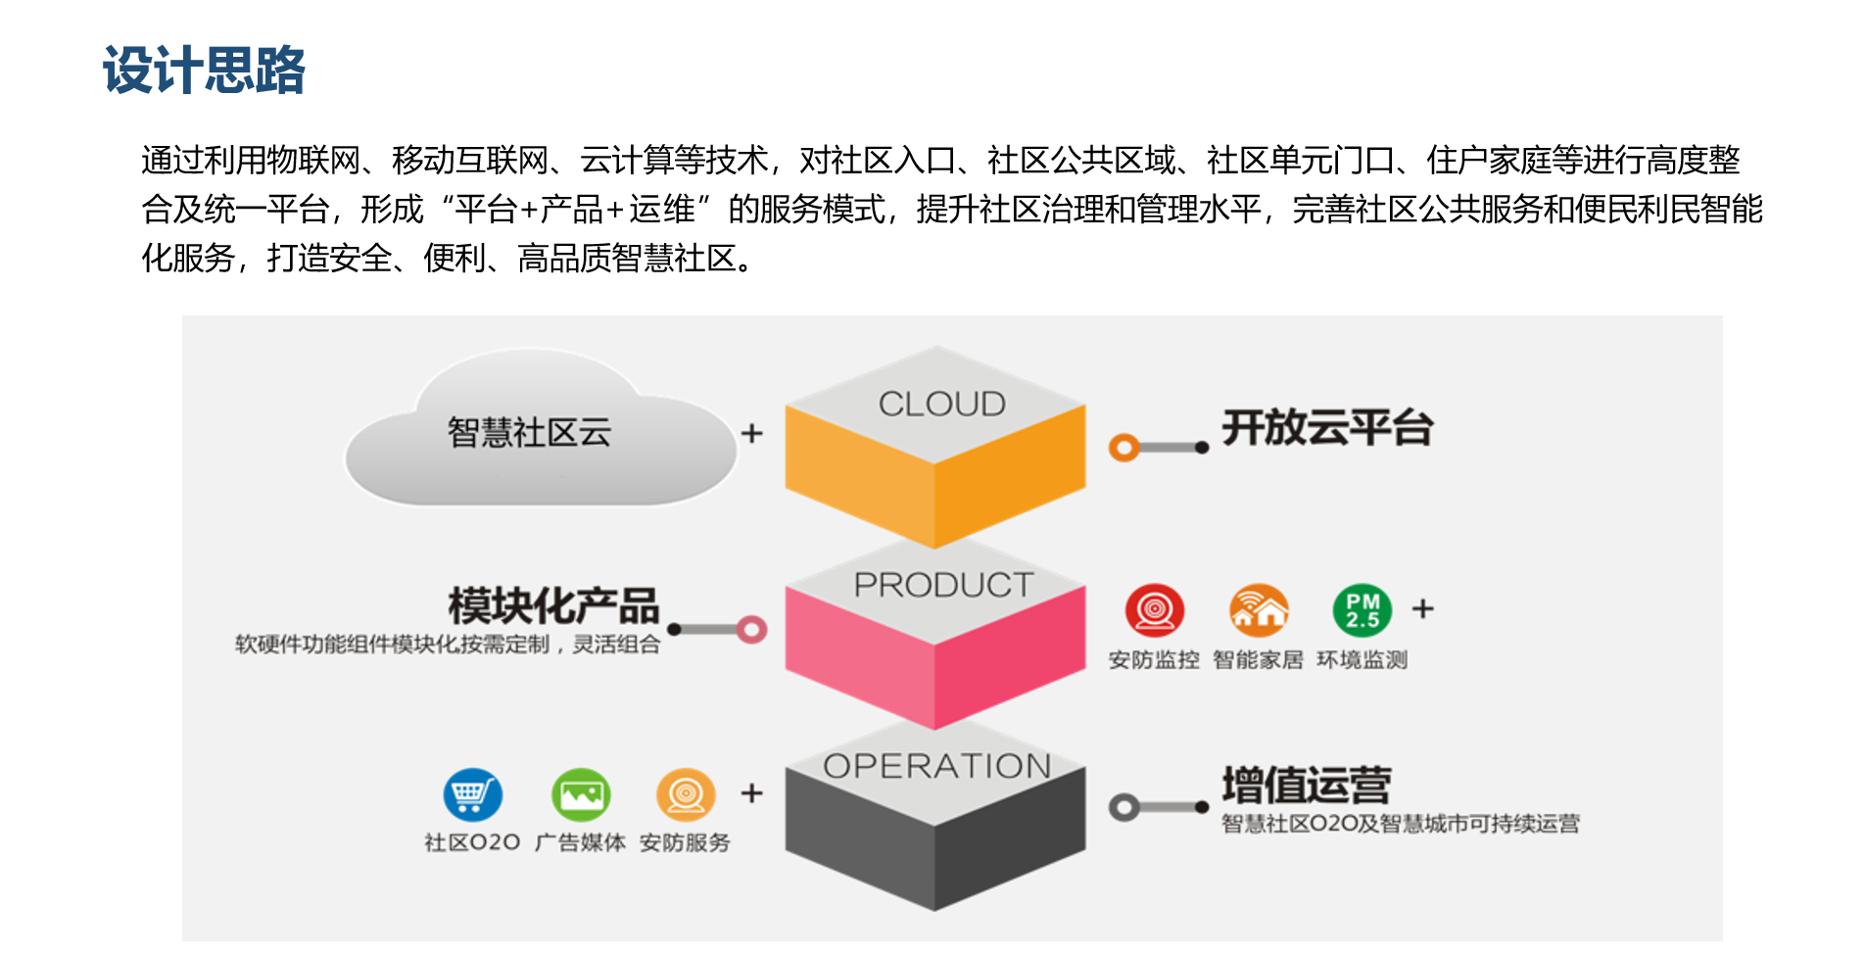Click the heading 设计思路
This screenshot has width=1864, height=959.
click(x=204, y=71)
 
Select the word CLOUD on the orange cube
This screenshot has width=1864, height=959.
click(x=941, y=404)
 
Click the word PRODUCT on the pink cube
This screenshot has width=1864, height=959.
click(x=943, y=585)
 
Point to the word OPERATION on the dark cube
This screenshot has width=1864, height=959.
click(x=937, y=766)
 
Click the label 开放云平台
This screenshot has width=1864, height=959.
click(x=1327, y=428)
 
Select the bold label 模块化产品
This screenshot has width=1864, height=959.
click(x=553, y=606)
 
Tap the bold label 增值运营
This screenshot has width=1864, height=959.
click(x=1307, y=786)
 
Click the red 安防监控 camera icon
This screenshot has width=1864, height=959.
click(x=1155, y=610)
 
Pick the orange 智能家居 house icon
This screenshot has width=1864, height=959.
click(x=1259, y=610)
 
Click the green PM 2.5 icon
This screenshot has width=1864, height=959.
click(x=1362, y=610)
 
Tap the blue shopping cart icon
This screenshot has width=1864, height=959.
click(x=472, y=794)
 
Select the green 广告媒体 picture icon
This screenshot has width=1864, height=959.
click(x=581, y=794)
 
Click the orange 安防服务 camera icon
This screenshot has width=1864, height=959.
click(x=686, y=794)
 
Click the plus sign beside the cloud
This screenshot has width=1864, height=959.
click(x=751, y=433)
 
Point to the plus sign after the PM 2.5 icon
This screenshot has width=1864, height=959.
click(x=1422, y=608)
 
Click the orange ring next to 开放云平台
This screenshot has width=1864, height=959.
click(x=1123, y=448)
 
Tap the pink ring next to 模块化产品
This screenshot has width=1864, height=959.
click(x=752, y=629)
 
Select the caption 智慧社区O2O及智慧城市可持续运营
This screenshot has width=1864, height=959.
click(x=1401, y=824)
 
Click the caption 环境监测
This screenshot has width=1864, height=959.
click(x=1362, y=660)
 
